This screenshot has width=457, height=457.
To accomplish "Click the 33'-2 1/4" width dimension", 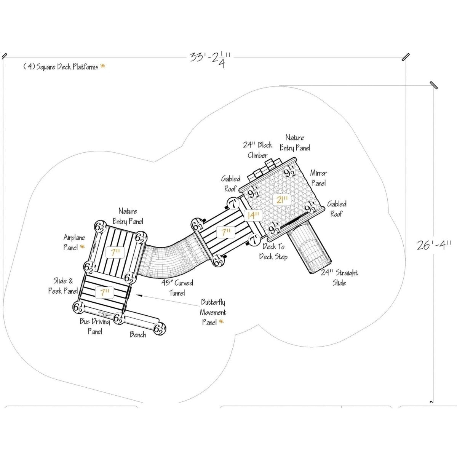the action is tap(210, 60).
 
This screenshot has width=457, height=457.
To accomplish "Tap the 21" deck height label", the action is tap(281, 200).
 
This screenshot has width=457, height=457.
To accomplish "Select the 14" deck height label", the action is tap(253, 216).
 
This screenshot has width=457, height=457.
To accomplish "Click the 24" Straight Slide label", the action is tap(339, 278).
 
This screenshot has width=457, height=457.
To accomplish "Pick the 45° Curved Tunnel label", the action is tap(177, 288).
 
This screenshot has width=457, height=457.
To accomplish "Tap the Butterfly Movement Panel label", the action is tap(213, 312).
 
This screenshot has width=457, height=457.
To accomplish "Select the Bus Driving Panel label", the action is tap(94, 326).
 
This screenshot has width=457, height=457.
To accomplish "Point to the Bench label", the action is tap(138, 334).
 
